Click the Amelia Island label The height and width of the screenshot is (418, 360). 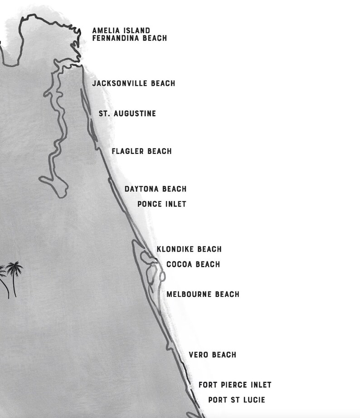point(121,30)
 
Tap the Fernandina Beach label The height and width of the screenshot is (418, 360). point(129,38)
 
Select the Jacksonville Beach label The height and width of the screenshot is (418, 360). point(133,84)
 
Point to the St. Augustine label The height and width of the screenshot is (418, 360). point(127,113)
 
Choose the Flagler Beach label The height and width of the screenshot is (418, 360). point(141,151)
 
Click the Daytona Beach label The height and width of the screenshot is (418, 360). point(155,189)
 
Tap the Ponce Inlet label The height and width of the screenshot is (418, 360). point(161,204)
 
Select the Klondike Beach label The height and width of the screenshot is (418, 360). point(189,249)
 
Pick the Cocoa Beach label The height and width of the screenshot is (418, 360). point(193,264)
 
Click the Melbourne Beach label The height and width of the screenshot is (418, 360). point(203,295)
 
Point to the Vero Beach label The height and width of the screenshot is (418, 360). point(212,355)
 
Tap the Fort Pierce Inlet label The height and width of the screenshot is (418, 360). point(235,385)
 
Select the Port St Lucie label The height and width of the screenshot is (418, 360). point(236,400)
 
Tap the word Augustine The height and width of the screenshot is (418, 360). point(135,113)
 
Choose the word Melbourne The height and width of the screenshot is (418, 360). point(189,295)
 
